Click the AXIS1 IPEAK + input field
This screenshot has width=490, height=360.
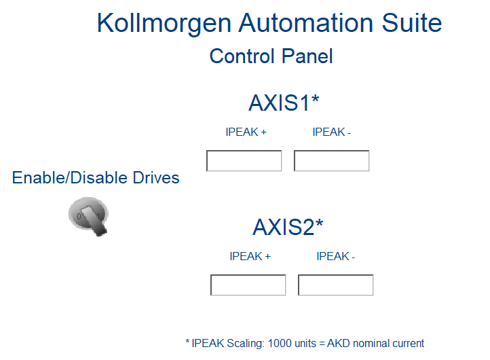pyautogui.click(x=244, y=161)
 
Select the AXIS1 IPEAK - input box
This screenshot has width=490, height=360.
pyautogui.click(x=332, y=161)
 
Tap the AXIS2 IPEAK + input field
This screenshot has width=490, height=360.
pyautogui.click(x=248, y=285)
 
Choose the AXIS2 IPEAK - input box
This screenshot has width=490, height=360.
pyautogui.click(x=336, y=285)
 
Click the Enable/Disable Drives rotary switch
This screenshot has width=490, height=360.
pyautogui.click(x=89, y=217)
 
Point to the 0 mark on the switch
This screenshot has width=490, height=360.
pyautogui.click(x=79, y=216)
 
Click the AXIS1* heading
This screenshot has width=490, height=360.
pyautogui.click(x=284, y=103)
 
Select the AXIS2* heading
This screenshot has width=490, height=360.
pyautogui.click(x=288, y=227)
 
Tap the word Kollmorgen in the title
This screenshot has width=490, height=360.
pyautogui.click(x=164, y=24)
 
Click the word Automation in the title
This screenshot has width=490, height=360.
pyautogui.click(x=306, y=23)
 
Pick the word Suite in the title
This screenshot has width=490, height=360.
pyautogui.click(x=412, y=23)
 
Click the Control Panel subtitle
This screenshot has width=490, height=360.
pyautogui.click(x=271, y=56)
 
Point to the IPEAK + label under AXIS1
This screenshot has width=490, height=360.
pyautogui.click(x=246, y=132)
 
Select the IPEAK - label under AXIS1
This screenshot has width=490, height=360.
pyautogui.click(x=332, y=132)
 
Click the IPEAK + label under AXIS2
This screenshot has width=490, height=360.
pyautogui.click(x=250, y=256)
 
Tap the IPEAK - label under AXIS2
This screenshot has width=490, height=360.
pyautogui.click(x=336, y=256)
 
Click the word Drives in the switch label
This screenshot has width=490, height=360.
pyautogui.click(x=156, y=178)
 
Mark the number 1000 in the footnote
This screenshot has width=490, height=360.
pyautogui.click(x=280, y=344)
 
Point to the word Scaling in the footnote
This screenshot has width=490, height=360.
pyautogui.click(x=246, y=344)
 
